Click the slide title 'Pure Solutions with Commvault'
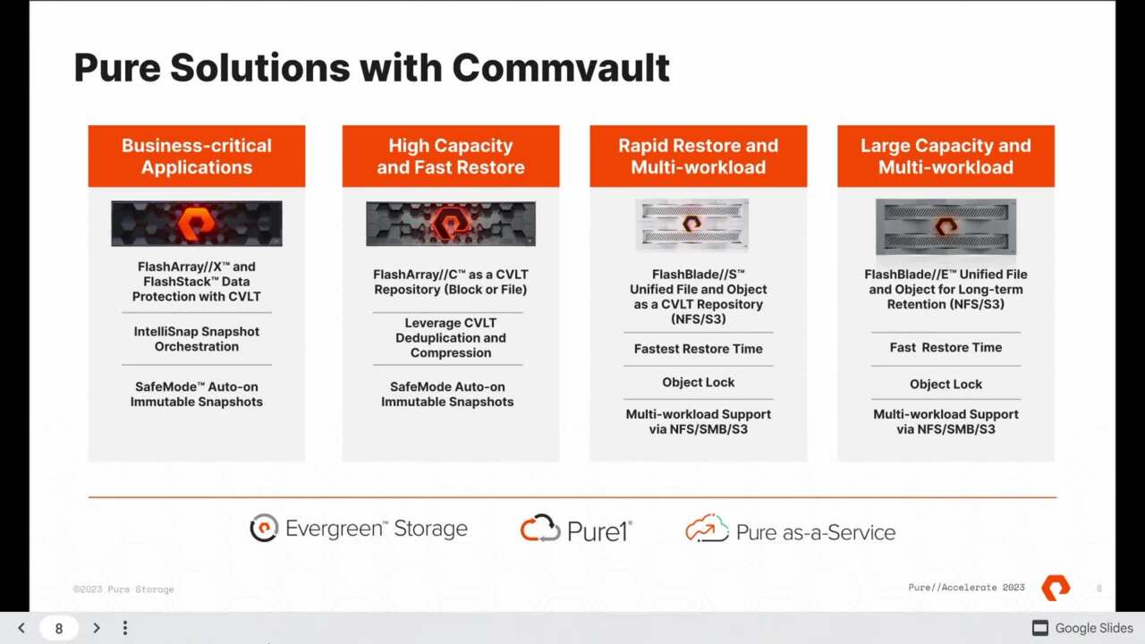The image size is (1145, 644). click(x=371, y=68)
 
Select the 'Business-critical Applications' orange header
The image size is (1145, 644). click(x=197, y=157)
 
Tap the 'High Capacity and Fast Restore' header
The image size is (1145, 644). click(x=451, y=157)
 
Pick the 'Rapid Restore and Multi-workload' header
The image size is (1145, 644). click(x=699, y=157)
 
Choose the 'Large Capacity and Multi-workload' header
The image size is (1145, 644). click(x=946, y=157)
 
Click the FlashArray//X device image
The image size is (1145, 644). click(x=197, y=223)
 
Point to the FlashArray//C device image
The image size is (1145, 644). click(x=451, y=224)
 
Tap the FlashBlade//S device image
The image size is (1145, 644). click(x=691, y=225)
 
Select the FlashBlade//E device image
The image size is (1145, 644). click(x=946, y=226)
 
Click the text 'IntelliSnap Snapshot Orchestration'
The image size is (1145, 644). click(x=197, y=339)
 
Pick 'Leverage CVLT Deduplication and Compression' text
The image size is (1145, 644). click(x=451, y=338)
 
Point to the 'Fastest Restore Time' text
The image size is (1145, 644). click(x=699, y=349)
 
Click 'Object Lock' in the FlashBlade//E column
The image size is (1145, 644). click(x=946, y=384)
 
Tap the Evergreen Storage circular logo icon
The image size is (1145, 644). click(x=264, y=529)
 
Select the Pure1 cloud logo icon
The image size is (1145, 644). click(x=540, y=529)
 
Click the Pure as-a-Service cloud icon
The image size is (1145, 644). click(x=707, y=529)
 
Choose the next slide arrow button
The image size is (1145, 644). click(x=97, y=628)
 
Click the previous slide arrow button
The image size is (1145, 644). click(x=21, y=628)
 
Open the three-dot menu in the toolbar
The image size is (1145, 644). click(x=125, y=628)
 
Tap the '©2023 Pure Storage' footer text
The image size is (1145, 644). click(x=123, y=589)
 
